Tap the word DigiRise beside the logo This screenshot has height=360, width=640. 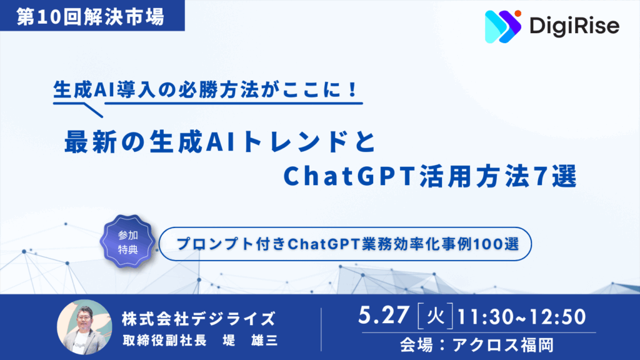tap(574, 26)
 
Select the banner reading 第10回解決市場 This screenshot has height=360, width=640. tap(92, 16)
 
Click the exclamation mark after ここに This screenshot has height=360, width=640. tap(353, 90)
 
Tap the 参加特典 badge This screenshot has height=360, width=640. tap(127, 242)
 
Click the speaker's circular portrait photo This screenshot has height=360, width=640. tap(84, 326)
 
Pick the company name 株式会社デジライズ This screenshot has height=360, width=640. tap(199, 319)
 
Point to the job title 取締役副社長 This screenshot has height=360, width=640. tap(164, 340)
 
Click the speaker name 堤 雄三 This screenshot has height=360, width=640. tap(250, 340)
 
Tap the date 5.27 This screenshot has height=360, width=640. tap(384, 315)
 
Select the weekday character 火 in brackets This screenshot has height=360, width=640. tap(435, 316)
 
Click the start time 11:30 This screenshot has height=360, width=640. tap(484, 317)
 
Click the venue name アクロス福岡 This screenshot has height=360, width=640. tap(503, 345)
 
